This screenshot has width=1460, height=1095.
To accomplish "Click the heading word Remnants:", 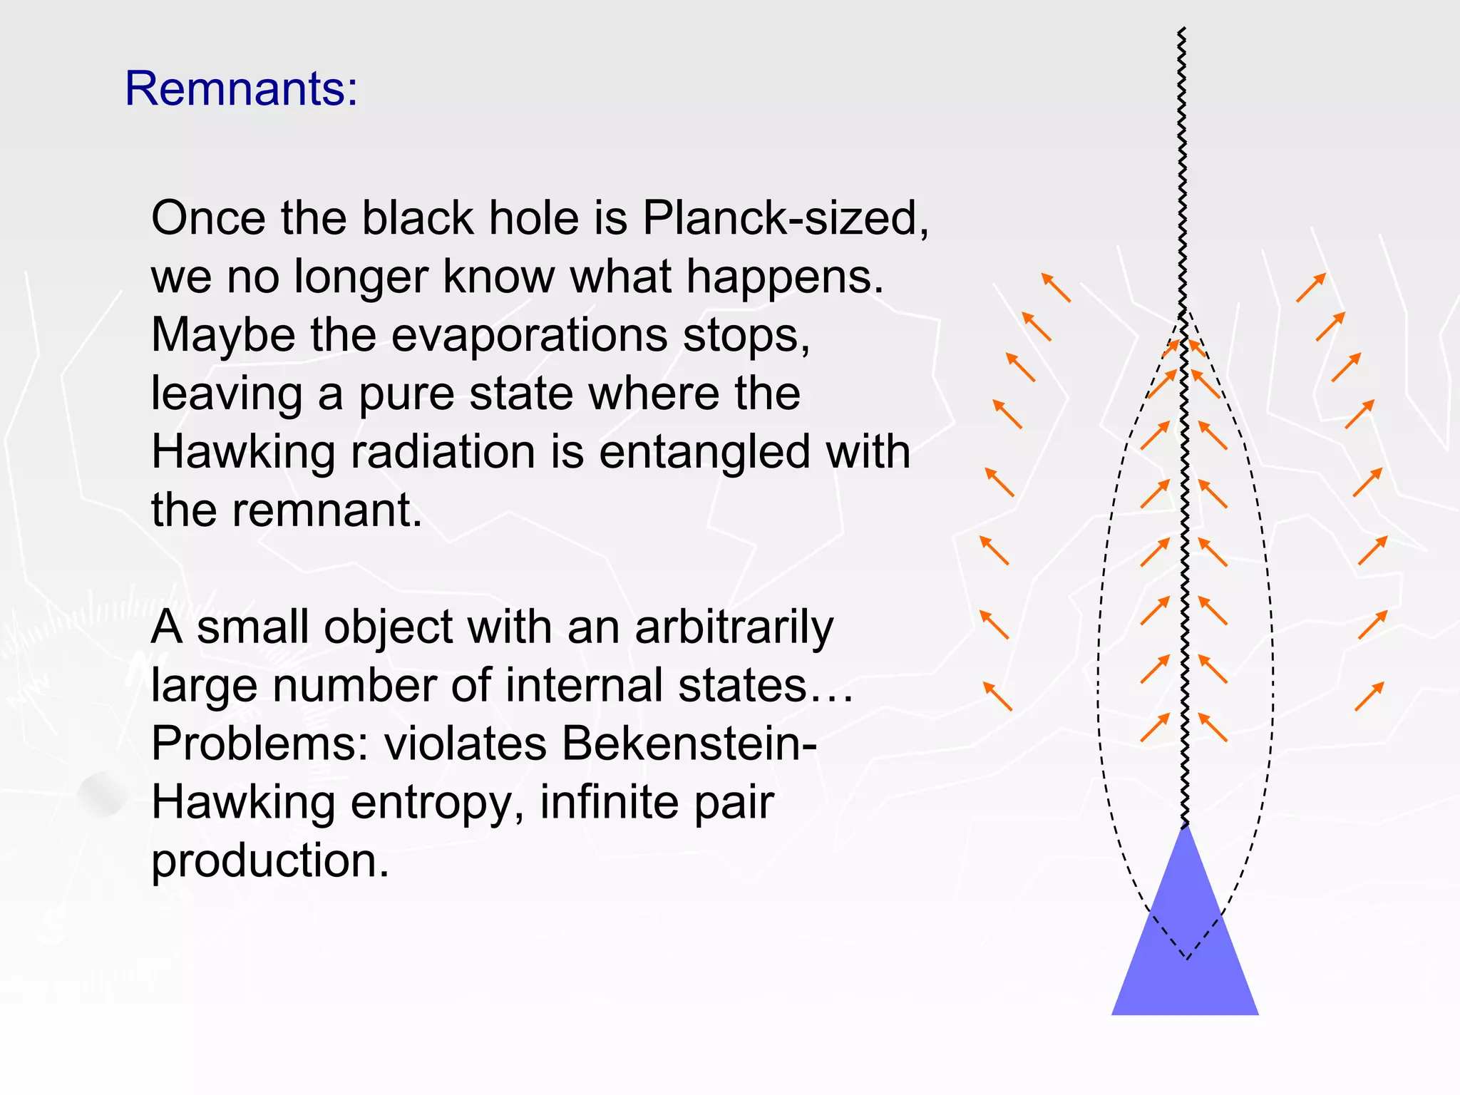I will point(241,89).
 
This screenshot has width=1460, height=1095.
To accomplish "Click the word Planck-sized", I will point(785,218).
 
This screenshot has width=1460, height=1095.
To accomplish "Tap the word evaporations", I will point(530,335).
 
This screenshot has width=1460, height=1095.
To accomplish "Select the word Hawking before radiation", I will point(243,453).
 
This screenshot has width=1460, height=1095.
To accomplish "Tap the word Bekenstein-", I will point(689,744).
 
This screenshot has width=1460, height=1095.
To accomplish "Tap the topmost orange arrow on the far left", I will point(1056,287).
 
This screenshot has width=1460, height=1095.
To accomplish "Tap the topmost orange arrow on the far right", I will point(1311,287).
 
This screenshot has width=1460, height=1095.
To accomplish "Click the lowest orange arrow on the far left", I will point(997,696).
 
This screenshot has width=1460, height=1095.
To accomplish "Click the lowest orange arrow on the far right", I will point(1369,696).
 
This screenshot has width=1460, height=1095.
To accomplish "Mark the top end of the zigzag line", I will point(1181,30).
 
